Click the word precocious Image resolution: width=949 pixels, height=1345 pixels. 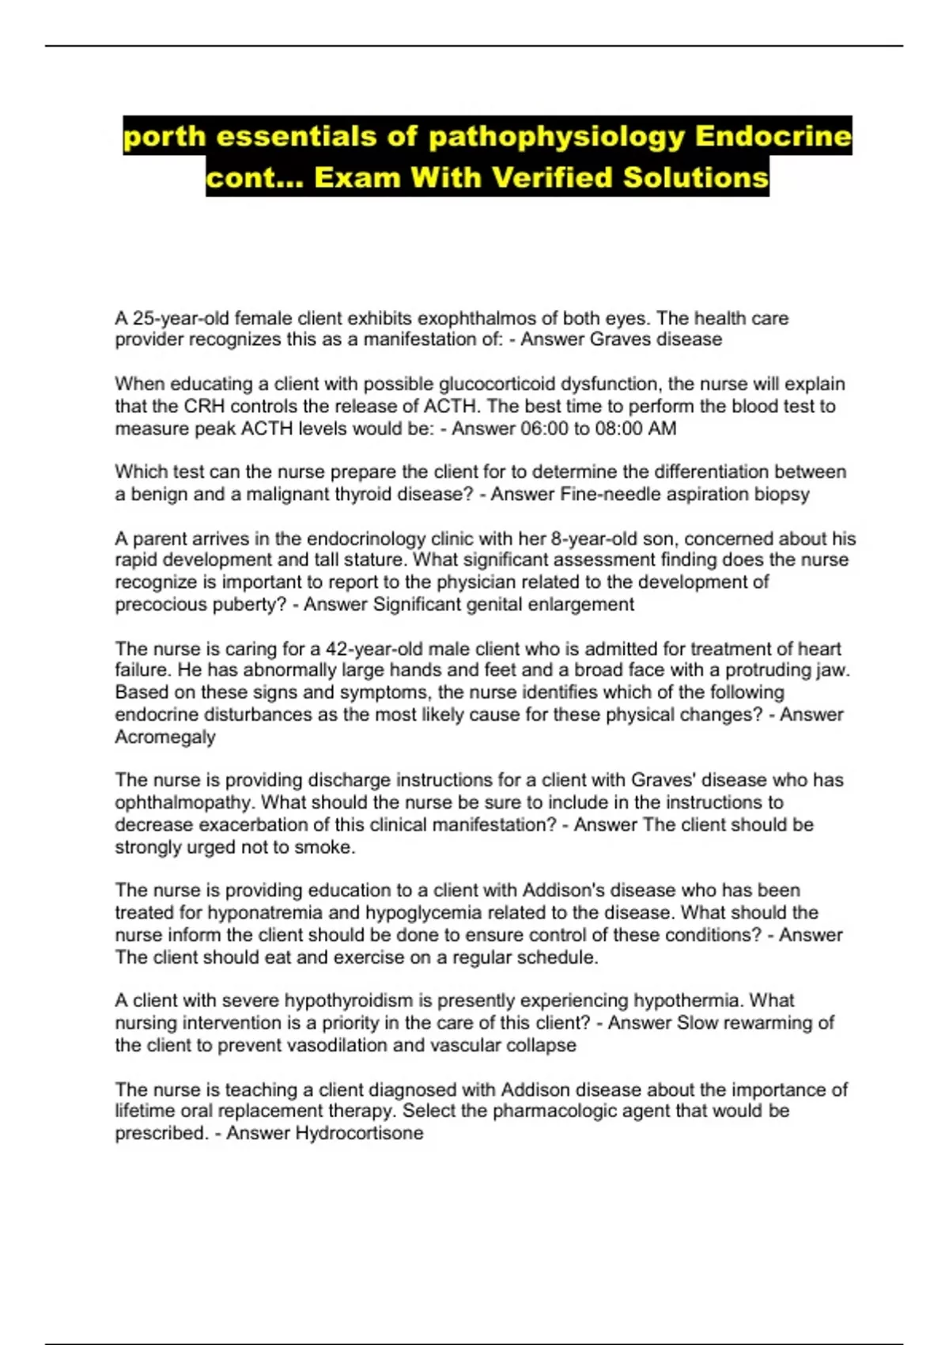click(161, 604)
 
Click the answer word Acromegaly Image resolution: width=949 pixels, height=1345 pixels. click(165, 737)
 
